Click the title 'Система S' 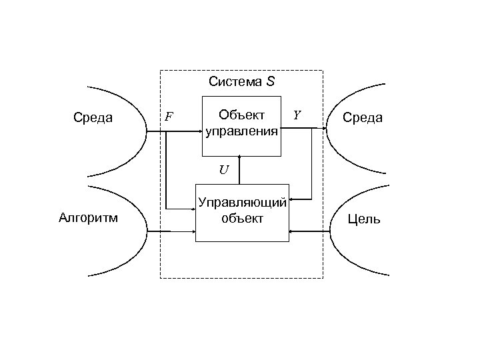click(x=241, y=83)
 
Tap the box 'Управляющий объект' click(x=242, y=211)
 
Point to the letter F click(x=169, y=117)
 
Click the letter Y click(x=297, y=116)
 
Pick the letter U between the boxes click(x=223, y=169)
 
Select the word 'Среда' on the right click(x=362, y=118)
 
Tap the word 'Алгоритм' click(x=89, y=217)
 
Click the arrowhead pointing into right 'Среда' click(x=325, y=130)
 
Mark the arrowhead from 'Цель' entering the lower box click(x=293, y=231)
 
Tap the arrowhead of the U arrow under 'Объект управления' click(x=241, y=157)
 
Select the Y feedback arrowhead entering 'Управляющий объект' click(x=293, y=198)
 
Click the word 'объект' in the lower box click(x=242, y=218)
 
